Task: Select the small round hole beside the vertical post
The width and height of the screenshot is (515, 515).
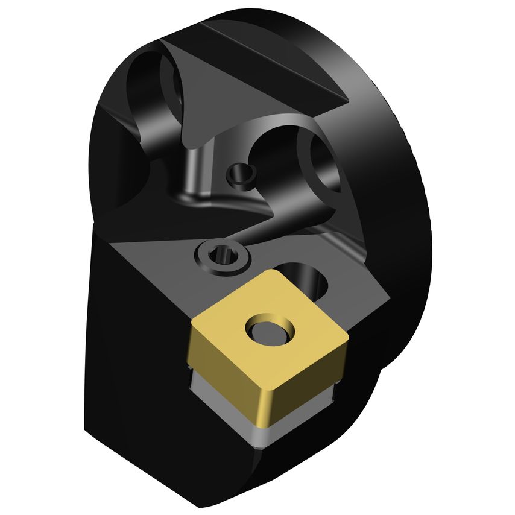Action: tap(241, 174)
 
